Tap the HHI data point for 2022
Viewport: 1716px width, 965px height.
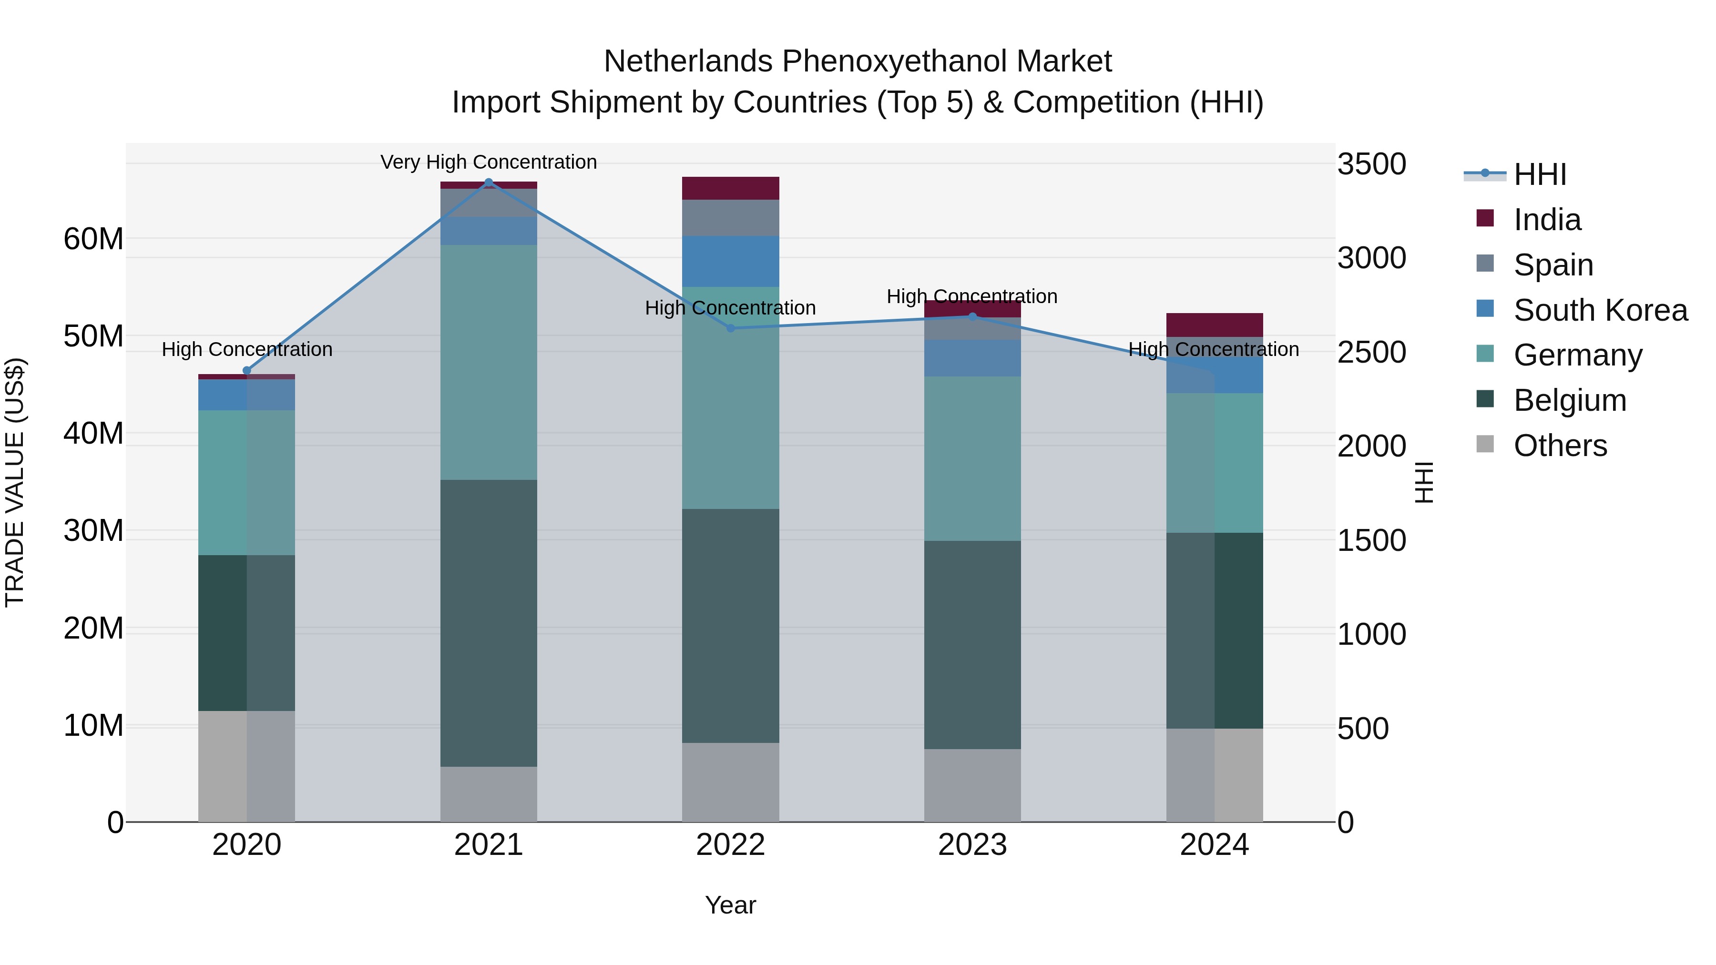coord(730,328)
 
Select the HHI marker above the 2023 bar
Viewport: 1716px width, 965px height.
coord(972,317)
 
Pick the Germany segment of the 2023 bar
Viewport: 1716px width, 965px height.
coord(972,458)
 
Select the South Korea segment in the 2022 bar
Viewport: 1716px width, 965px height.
coord(730,261)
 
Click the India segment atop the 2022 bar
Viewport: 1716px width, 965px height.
coord(730,188)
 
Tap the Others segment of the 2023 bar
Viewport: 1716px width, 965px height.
coord(972,785)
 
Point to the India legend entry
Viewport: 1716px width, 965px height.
coord(1547,220)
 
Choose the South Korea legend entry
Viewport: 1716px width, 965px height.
coord(1600,310)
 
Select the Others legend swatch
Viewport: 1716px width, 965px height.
coord(1485,444)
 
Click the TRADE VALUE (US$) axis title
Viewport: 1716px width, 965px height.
coord(15,482)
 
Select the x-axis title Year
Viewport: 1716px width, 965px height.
coord(730,905)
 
